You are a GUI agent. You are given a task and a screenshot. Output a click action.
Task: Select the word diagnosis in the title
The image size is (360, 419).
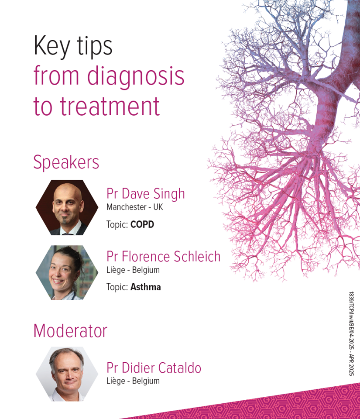coord(136,76)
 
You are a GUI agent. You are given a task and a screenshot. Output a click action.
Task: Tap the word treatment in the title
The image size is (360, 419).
coord(110,106)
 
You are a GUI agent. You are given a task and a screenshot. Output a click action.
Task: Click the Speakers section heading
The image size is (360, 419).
coord(66,162)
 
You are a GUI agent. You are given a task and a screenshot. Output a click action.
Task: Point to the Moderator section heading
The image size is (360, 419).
coord(70,331)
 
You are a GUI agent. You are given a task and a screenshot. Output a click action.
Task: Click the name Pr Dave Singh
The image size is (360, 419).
coord(146,194)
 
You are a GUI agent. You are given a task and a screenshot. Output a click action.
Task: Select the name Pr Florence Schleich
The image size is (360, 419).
coord(164,257)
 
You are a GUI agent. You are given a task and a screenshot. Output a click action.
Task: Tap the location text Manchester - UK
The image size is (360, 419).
coord(134,207)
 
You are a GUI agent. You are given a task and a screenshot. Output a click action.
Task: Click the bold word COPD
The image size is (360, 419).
coord(142,224)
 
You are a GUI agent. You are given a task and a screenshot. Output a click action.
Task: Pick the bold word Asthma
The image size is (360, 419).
coord(146,287)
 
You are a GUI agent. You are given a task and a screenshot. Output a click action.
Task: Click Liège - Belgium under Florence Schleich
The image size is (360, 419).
coord(133,270)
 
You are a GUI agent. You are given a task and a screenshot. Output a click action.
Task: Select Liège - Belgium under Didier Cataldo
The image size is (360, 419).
coord(133,381)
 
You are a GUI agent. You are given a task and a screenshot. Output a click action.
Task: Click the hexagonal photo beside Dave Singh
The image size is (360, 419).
coord(67,208)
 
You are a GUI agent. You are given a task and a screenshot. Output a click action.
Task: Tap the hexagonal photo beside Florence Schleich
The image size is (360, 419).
coord(67,272)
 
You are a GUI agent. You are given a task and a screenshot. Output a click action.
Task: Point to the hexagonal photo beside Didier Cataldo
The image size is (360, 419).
coord(67,374)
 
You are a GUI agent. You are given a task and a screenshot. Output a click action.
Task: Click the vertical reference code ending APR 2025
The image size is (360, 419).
coord(351,333)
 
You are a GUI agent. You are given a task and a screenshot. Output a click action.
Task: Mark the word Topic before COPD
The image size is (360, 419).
coord(117,225)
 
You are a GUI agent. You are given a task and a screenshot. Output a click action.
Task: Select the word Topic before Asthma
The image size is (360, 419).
coord(117,287)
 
